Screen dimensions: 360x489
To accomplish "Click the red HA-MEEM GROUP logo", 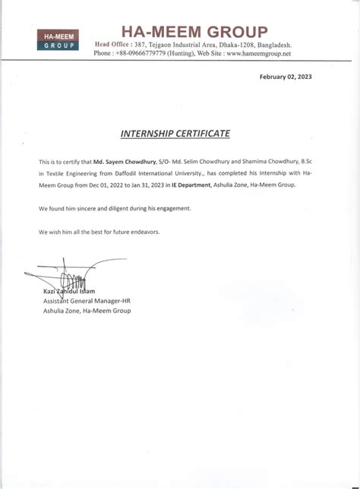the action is (59, 40).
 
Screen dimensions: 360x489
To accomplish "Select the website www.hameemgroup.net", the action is (258, 54).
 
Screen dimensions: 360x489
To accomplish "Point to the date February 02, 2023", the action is (286, 77).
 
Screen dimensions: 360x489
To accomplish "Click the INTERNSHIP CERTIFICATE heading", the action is (175, 134).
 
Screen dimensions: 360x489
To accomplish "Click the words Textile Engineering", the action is (72, 174).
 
